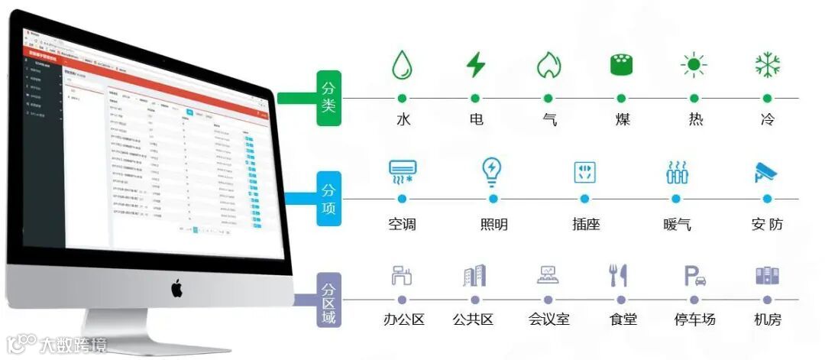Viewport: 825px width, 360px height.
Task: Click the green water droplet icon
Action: pos(402,65)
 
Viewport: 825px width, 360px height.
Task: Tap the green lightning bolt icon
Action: pos(475,64)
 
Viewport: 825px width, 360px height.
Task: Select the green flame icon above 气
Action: pos(548,65)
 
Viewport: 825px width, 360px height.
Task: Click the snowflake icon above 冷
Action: pos(766,65)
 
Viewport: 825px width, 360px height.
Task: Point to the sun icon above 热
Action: pos(694,65)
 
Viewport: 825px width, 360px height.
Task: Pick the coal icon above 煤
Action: pos(621,65)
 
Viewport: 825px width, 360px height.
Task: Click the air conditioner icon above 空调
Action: pos(402,172)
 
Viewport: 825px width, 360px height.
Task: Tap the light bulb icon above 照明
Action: pos(493,171)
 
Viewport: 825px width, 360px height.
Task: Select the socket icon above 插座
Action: pos(584,172)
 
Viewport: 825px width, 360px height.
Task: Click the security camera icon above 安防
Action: pos(766,172)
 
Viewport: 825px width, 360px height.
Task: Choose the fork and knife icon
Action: pos(618,275)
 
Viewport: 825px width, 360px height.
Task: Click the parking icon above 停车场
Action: pos(694,275)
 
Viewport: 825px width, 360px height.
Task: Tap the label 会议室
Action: pos(548,319)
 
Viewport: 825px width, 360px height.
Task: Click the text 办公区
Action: pos(403,319)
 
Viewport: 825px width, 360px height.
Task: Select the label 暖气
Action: pos(677,225)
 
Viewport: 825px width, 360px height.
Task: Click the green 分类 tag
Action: pos(328,98)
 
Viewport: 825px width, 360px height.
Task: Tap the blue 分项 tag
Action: pos(328,198)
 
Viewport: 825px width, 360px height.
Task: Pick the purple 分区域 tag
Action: pos(328,300)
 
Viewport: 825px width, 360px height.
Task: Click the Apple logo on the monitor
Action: pos(176,288)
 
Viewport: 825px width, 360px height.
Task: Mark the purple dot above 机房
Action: pos(767,300)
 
